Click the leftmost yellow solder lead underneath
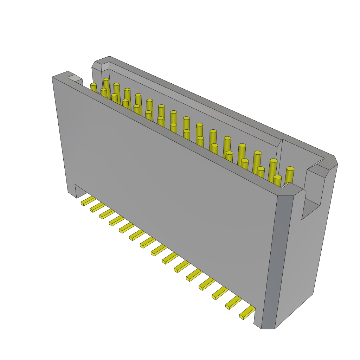click(88, 201)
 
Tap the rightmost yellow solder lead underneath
click(247, 312)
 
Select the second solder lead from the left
click(97, 207)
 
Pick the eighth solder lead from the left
click(159, 250)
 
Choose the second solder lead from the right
click(233, 302)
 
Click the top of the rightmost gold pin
click(290, 169)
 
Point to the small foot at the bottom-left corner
click(72, 193)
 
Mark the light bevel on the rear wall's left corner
click(105, 67)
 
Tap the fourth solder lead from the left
click(117, 221)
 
